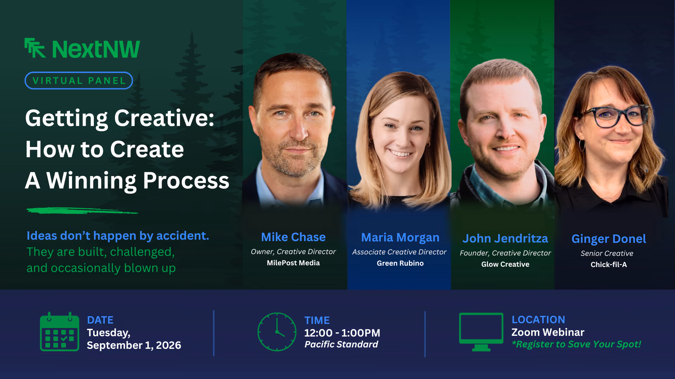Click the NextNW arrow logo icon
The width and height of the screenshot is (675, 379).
pos(35,48)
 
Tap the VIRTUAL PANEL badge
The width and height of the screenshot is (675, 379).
pos(79,80)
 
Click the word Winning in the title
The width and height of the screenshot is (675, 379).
pos(91,181)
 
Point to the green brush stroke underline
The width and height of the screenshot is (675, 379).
pos(82,211)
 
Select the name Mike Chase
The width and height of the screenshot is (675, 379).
pos(293,237)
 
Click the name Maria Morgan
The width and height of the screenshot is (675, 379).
pos(400,238)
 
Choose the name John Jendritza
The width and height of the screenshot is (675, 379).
pos(505,238)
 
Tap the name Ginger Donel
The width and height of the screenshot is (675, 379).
pos(609,239)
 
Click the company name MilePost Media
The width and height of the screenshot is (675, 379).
pos(293,263)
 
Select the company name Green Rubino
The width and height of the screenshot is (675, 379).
pos(400,263)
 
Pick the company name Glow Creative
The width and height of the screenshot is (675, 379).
pos(505,264)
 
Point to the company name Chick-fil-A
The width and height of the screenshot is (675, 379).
pos(609,265)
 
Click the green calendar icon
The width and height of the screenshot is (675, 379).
pos(59,332)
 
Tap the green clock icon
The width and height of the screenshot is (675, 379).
pos(277,332)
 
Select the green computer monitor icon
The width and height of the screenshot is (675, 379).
pos(481,332)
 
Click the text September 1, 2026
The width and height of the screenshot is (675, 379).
pos(134,345)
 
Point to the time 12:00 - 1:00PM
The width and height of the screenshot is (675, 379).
pos(342,333)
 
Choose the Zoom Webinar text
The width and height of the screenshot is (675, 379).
pos(548,332)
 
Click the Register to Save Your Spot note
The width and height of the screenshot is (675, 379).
pos(576,344)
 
